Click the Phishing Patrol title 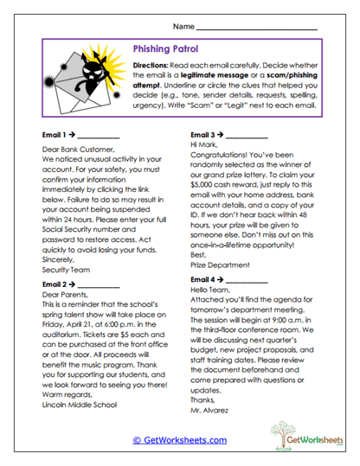(173, 51)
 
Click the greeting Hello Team (212, 270)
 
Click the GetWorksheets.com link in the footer (179, 439)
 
